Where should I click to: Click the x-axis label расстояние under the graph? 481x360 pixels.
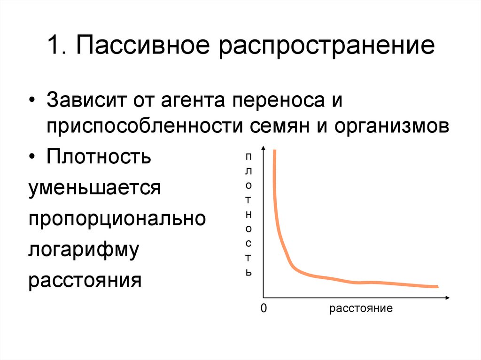360,309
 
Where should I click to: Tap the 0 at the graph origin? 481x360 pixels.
263,309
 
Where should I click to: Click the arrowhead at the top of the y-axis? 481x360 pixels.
264,149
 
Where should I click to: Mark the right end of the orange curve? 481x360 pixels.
437,286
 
